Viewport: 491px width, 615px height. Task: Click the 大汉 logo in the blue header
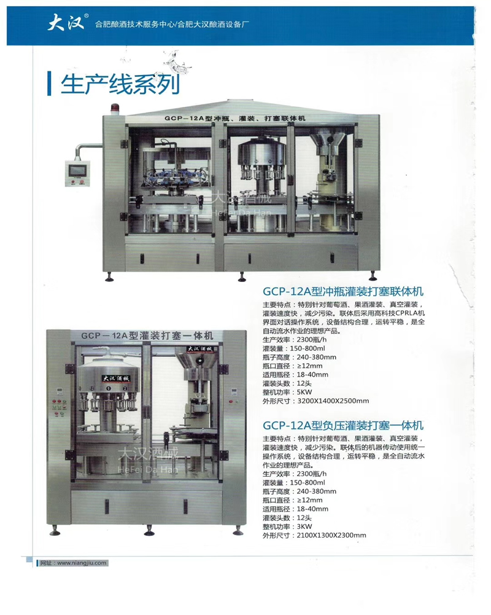(x=66, y=22)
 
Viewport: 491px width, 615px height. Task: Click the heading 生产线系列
(x=120, y=84)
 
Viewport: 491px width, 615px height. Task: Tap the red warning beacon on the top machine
(x=115, y=109)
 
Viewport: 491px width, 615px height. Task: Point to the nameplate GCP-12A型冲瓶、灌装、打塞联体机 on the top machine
(x=235, y=118)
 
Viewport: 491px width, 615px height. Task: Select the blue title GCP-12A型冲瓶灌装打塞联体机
(x=343, y=291)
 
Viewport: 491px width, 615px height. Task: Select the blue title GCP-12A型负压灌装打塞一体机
(x=343, y=426)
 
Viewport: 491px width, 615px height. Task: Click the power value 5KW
(x=304, y=392)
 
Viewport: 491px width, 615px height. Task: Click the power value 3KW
(x=304, y=527)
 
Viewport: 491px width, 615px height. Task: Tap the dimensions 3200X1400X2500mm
(x=333, y=401)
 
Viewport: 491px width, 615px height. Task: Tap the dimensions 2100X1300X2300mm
(x=331, y=535)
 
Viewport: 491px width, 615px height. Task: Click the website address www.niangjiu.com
(x=82, y=563)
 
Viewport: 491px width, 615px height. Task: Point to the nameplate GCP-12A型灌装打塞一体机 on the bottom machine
(x=147, y=335)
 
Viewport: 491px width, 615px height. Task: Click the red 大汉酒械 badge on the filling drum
(x=116, y=378)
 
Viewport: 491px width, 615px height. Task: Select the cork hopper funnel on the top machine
(x=327, y=141)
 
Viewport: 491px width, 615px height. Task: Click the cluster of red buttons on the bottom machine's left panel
(x=59, y=408)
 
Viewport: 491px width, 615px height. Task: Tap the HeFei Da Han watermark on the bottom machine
(x=148, y=469)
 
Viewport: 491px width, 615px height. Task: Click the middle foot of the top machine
(x=242, y=276)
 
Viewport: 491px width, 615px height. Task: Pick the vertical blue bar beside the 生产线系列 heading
(x=49, y=84)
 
